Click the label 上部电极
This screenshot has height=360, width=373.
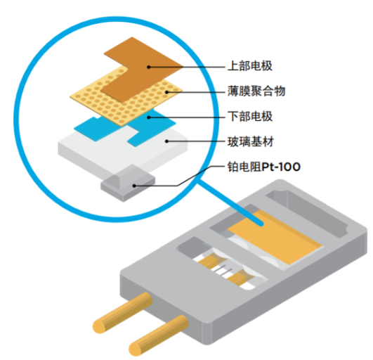click(x=250, y=66)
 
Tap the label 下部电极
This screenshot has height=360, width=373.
click(x=250, y=116)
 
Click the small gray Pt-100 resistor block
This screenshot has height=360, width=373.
click(x=119, y=185)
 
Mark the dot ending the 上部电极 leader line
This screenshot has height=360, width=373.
click(x=149, y=66)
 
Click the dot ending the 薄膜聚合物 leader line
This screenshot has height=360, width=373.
click(x=166, y=91)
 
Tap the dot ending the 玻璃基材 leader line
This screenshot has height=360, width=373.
click(x=166, y=141)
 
